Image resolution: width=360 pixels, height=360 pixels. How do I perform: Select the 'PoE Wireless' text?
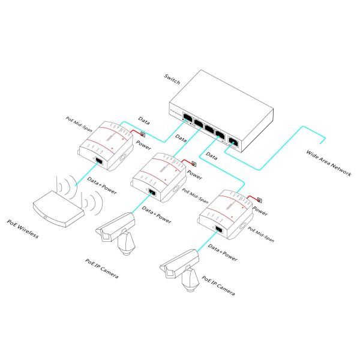pos(23,229)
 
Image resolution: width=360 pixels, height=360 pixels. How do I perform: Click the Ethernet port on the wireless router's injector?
pos(98,161)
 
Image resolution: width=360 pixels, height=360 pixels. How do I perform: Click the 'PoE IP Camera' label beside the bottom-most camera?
pos(218,286)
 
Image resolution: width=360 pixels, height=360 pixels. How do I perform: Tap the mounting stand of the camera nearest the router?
pos(127,242)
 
